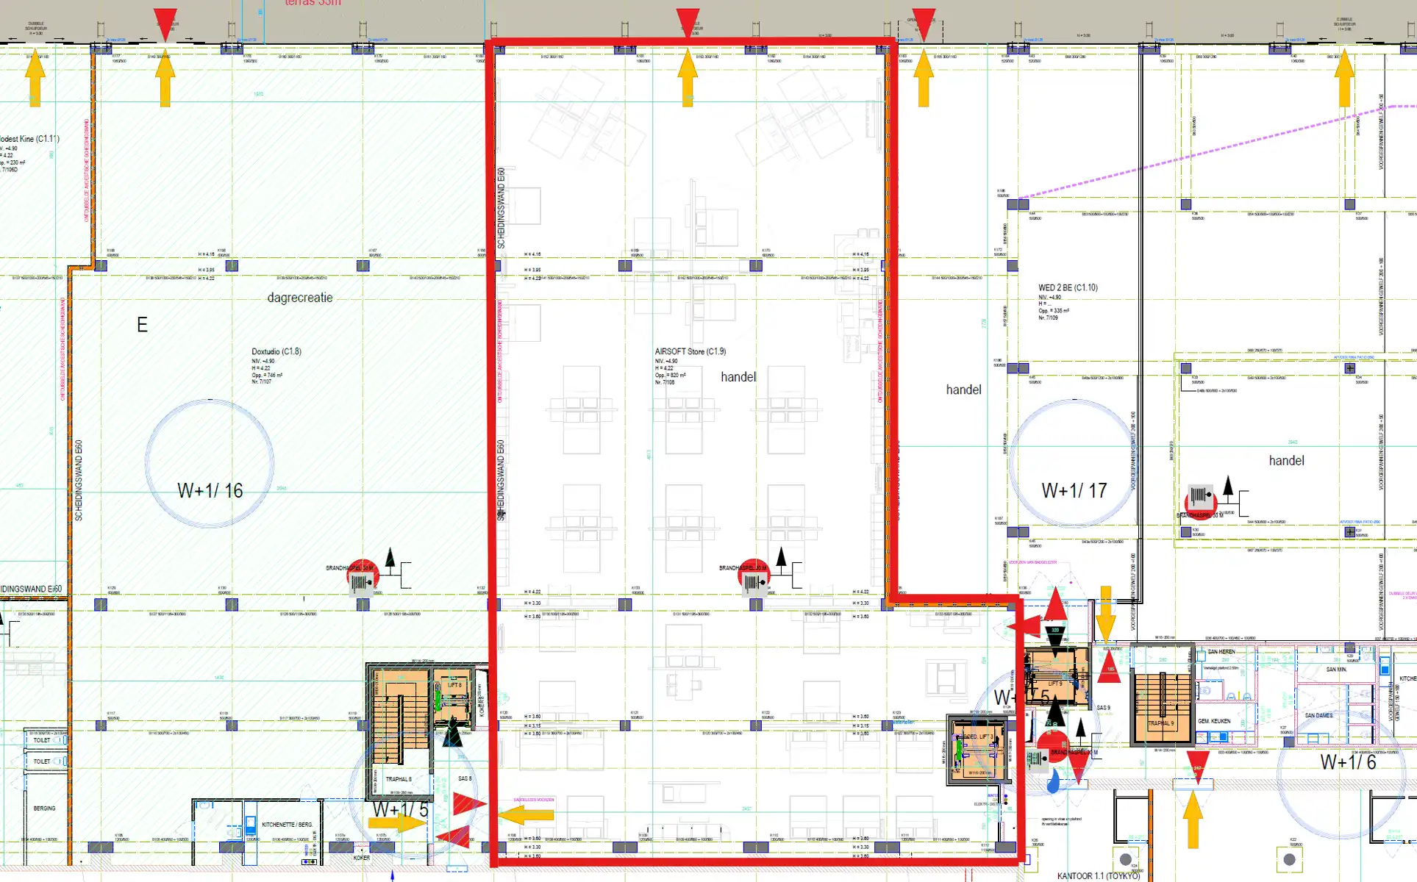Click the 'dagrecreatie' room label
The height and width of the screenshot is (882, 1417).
coord(300,298)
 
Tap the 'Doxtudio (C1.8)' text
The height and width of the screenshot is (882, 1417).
coord(276,351)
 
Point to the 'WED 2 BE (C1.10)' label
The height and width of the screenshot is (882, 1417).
coord(1068,287)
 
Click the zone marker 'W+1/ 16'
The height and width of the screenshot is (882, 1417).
coord(210,491)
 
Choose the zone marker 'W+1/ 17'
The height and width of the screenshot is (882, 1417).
coord(1074,491)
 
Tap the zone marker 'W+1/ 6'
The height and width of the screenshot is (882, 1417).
coord(1347,762)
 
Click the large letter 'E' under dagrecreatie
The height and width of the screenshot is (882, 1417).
coord(142,325)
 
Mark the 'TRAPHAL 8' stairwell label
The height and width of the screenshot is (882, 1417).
coord(399,779)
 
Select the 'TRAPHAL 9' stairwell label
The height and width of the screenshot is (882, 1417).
coord(1160,723)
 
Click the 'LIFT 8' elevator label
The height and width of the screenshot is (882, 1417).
coord(454,685)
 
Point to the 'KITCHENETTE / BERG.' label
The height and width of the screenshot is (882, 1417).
coord(287,825)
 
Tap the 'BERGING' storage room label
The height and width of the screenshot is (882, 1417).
coord(44,808)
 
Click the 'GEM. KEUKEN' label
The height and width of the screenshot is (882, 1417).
coord(1215,721)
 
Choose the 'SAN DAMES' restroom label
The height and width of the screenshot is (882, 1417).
coord(1318,715)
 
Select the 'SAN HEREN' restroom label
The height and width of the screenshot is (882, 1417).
coord(1221,652)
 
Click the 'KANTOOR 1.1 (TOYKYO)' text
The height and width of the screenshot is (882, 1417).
coord(1098,876)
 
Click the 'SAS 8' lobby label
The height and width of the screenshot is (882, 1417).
coord(465,778)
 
